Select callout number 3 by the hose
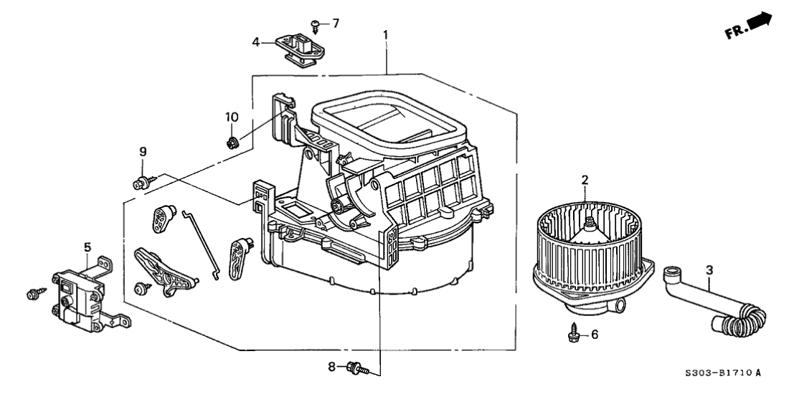(709, 270)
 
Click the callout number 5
(88, 248)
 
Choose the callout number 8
(331, 367)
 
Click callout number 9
(143, 151)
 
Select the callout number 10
(230, 116)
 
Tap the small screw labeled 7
(316, 27)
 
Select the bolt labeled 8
(356, 368)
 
